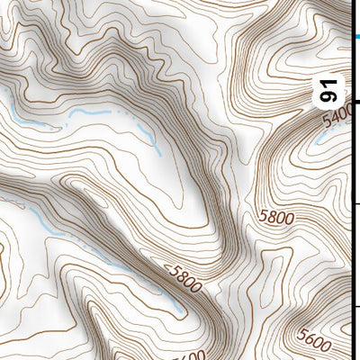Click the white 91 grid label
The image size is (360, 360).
click(331, 90)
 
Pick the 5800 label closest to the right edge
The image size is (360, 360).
click(276, 217)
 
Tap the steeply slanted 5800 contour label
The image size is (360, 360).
click(184, 276)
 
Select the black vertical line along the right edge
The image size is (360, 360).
click(351, 180)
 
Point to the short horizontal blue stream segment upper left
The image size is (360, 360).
click(90, 112)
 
